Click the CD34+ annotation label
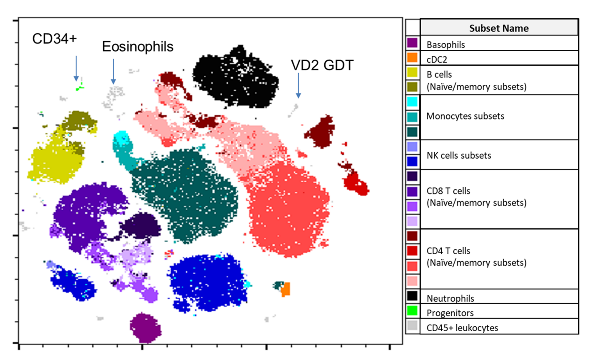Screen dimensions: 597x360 55,39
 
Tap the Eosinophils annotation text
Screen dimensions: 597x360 138,47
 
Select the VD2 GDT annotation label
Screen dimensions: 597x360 322,65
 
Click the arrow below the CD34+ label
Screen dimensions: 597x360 76,68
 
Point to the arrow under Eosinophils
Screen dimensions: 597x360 113,72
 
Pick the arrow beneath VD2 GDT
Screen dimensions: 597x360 298,85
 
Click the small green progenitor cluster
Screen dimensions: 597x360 80,87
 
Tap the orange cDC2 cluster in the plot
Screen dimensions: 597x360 286,289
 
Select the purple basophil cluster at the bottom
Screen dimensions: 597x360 146,328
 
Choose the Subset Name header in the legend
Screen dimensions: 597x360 499,28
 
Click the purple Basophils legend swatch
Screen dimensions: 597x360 412,43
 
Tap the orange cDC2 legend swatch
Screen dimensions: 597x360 412,57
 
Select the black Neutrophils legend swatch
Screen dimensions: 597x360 412,296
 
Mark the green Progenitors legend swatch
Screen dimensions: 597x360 412,310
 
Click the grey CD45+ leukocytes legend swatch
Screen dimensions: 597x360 412,325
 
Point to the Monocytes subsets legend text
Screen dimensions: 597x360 465,116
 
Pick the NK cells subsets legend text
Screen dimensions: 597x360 459,155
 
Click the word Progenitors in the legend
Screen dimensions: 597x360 450,313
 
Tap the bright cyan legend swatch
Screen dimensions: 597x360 412,102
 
